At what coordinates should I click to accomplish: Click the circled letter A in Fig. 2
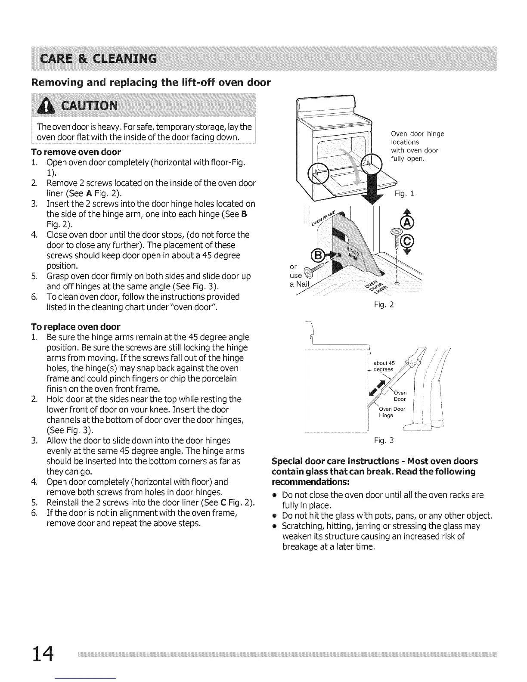click(406, 223)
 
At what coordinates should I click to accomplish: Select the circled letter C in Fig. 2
click(406, 243)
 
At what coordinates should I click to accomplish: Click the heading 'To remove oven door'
click(76, 152)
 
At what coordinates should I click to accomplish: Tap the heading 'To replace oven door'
click(76, 326)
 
